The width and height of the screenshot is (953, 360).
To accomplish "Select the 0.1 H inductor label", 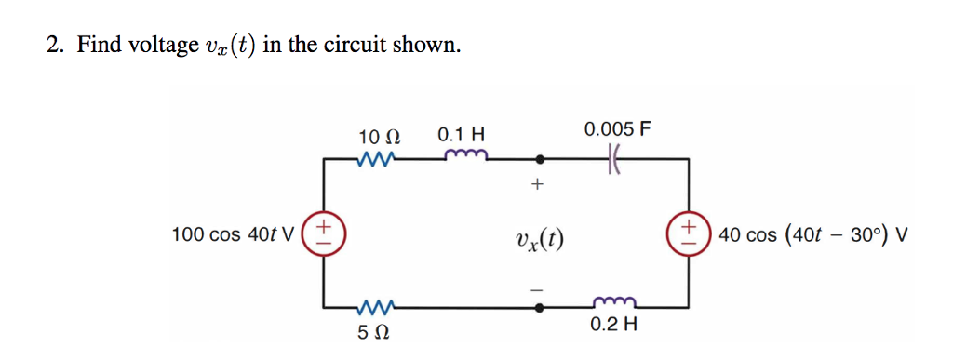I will pyautogui.click(x=461, y=136).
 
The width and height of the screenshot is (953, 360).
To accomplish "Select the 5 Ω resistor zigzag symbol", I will pyautogui.click(x=375, y=304).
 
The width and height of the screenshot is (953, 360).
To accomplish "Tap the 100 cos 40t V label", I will pyautogui.click(x=234, y=234).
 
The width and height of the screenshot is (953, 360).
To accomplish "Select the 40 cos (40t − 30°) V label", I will pyautogui.click(x=812, y=234).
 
